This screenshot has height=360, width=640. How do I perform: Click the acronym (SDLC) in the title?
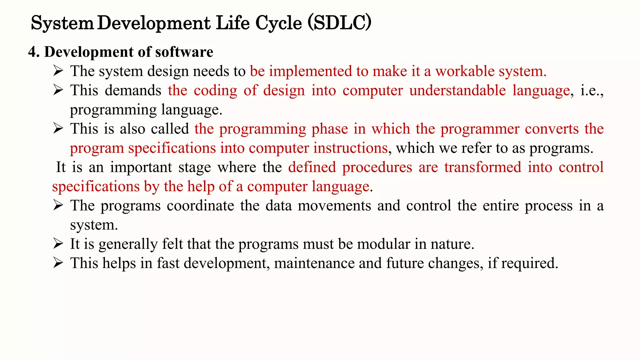coord(339,23)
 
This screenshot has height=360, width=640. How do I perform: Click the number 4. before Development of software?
coord(34,52)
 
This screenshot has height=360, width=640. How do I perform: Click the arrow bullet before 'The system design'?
coord(58,71)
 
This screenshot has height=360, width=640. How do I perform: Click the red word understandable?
coord(457,91)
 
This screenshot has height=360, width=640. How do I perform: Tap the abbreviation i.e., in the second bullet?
coord(592,91)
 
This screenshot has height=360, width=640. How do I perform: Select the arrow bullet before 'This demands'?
coord(58,90)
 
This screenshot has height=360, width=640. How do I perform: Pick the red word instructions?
coord(350,148)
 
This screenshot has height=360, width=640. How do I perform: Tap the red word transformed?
coord(483,167)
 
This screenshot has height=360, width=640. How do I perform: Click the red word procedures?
coord(377,167)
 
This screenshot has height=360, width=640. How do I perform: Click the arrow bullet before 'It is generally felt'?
coord(58,244)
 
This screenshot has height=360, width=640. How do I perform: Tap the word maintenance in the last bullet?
coord(314,263)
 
